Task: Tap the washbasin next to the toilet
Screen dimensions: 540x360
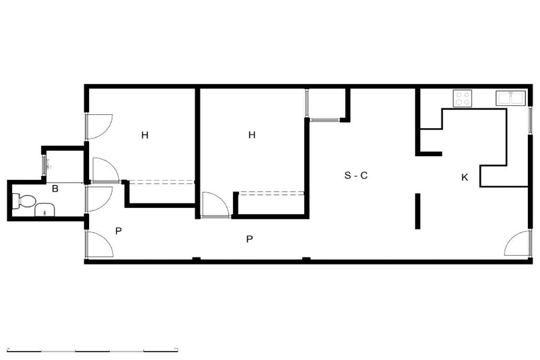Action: coord(45,210)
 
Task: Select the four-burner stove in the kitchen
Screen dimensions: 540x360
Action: coord(463,99)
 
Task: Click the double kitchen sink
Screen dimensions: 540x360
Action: coord(510,98)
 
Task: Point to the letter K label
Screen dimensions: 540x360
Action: coord(464,177)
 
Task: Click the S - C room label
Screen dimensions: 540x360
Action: coord(356,175)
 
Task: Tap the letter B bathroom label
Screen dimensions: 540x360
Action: coord(55,189)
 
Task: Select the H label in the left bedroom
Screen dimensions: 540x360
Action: coord(144,135)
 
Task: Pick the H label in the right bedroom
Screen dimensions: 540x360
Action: coord(252,135)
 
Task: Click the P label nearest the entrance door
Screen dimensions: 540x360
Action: coord(118,231)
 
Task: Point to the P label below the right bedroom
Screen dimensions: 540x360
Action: coord(249,239)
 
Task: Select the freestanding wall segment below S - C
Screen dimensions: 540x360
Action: coord(418,211)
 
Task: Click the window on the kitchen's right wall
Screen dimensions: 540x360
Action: coord(530,121)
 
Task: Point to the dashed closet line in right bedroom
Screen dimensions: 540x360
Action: coord(271,193)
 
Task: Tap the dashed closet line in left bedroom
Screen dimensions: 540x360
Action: coord(162,182)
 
